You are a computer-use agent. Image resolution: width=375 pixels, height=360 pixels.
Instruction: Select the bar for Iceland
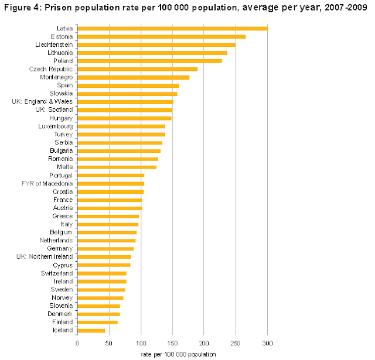91,330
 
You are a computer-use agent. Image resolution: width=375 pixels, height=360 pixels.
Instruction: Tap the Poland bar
149,61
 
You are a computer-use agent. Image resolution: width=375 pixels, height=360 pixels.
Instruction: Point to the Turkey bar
121,134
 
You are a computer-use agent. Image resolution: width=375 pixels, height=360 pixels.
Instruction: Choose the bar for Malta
117,167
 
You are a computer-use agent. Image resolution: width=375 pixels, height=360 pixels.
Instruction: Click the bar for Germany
105,249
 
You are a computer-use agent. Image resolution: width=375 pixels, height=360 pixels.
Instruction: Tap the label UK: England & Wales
43,102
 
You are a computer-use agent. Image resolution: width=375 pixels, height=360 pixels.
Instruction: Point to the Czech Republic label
51,69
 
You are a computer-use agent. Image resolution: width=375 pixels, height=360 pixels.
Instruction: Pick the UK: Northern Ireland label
45,256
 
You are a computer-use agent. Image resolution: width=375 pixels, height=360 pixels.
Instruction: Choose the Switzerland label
57,273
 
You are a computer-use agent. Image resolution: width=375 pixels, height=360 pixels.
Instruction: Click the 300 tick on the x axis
267,344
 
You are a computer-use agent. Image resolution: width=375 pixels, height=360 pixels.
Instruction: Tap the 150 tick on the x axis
172,344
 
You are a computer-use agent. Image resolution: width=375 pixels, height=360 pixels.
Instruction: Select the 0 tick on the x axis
77,344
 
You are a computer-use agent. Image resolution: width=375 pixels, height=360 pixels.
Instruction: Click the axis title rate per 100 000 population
178,354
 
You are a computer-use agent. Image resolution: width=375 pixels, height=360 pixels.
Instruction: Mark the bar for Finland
97,322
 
